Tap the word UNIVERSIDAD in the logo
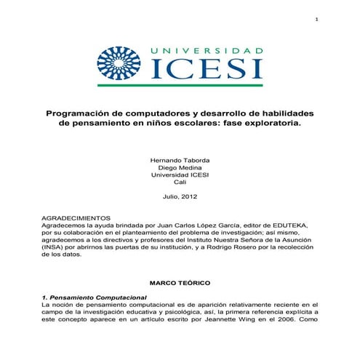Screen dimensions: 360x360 [x=207, y=51]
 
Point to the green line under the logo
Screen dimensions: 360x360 [x=180, y=85]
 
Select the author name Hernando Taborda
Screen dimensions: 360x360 [x=179, y=159]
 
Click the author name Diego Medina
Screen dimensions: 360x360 [x=179, y=167]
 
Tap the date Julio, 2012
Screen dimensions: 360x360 [x=179, y=196]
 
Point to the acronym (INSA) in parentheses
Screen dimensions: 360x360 [x=53, y=247]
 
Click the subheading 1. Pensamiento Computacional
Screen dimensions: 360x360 [x=95, y=297]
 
